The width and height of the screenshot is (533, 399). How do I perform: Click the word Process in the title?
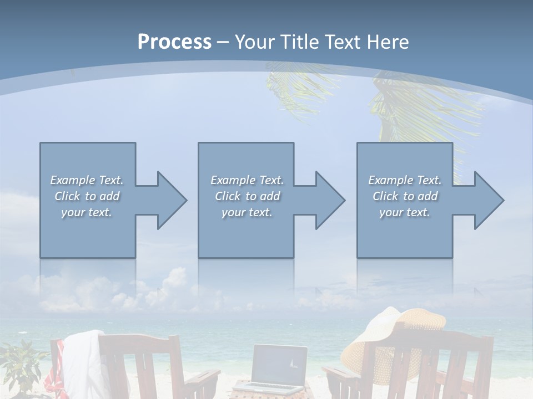pyautogui.click(x=174, y=42)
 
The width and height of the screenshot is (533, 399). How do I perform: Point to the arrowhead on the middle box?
pyautogui.click(x=327, y=200)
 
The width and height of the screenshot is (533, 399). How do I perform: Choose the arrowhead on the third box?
pyautogui.click(x=485, y=200)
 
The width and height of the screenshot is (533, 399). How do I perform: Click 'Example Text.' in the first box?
pyautogui.click(x=87, y=180)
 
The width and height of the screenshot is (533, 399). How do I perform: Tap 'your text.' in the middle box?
pyautogui.click(x=247, y=212)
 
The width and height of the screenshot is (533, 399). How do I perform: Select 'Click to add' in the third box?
pyautogui.click(x=405, y=196)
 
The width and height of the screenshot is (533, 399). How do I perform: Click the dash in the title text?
pyautogui.click(x=223, y=42)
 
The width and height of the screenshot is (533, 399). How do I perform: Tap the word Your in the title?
pyautogui.click(x=255, y=42)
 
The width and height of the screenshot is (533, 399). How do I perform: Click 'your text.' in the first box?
pyautogui.click(x=87, y=212)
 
